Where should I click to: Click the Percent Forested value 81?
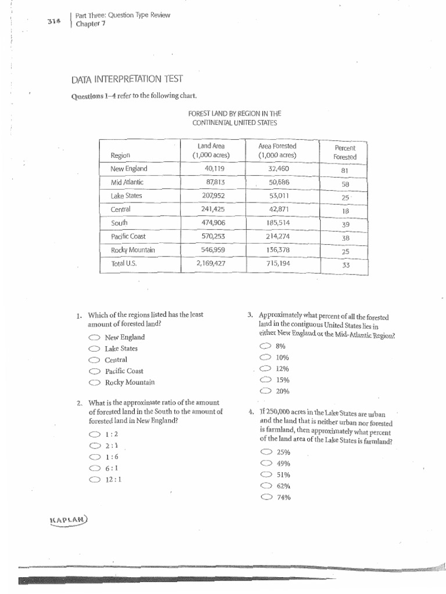click(344, 171)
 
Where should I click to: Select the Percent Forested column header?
click(344, 153)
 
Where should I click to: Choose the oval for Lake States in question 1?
click(93, 349)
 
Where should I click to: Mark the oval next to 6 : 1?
click(93, 468)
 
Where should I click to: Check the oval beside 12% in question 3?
click(265, 368)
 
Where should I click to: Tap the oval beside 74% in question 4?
click(267, 497)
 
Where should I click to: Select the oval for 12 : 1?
click(93, 480)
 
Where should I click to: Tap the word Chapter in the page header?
click(89, 23)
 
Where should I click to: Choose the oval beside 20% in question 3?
click(265, 391)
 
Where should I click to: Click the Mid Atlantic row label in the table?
click(127, 182)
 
